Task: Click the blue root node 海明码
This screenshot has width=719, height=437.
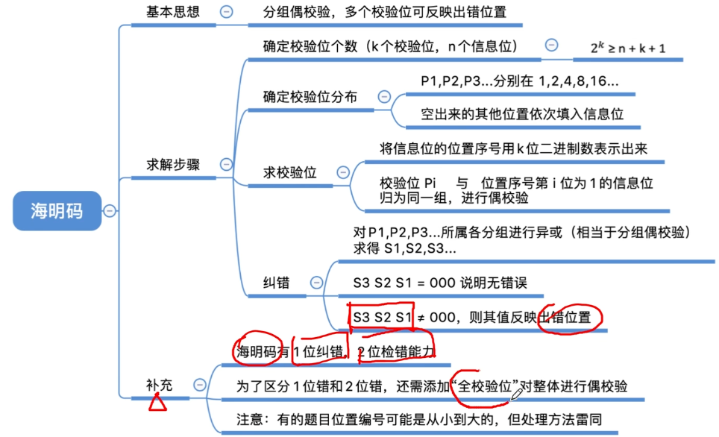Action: tap(56, 210)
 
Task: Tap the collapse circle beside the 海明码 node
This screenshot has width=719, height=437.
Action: tap(110, 211)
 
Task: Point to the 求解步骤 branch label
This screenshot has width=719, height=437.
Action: tap(172, 165)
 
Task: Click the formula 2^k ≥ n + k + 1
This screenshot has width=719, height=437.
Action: tap(628, 48)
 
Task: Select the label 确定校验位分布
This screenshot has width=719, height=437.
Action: tap(310, 97)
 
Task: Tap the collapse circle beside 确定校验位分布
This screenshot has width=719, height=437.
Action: tap(384, 96)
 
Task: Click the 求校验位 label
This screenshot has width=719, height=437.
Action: tap(289, 172)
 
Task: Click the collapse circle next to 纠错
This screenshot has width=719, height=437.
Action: tap(316, 283)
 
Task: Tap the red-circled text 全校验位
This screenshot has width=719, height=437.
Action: tap(488, 386)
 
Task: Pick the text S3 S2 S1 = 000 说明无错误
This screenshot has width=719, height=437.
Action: tap(440, 283)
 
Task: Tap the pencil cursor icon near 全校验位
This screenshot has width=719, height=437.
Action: tap(516, 394)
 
